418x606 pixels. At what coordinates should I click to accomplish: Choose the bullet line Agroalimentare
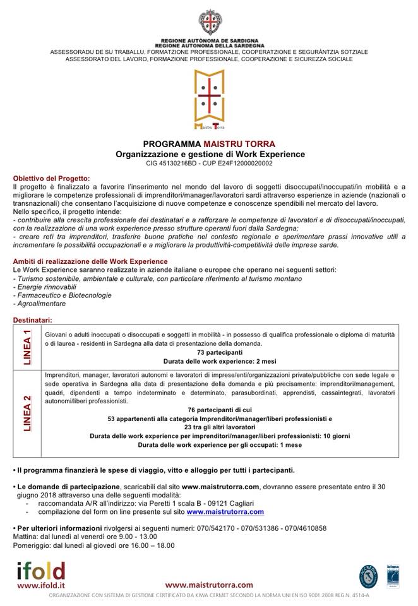pyautogui.click(x=39, y=304)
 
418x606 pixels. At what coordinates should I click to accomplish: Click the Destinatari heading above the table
pyautogui.click(x=32, y=320)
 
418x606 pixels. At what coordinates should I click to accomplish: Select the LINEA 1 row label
pyautogui.click(x=27, y=348)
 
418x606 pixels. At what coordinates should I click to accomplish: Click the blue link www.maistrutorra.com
pyautogui.click(x=225, y=512)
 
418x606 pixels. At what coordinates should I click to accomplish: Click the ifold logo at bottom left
pyautogui.click(x=41, y=571)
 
